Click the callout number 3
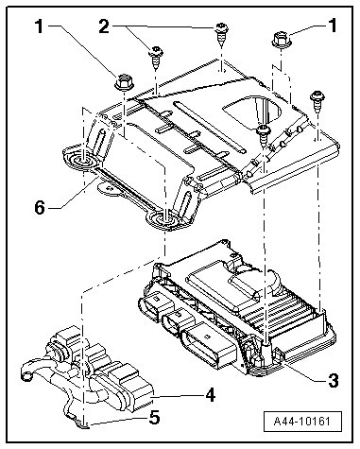333,380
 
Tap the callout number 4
210,395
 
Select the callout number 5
154,418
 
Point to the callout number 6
40,208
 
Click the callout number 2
104,26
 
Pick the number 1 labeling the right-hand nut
334,26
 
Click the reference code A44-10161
302,422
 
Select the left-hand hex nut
125,82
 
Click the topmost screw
222,34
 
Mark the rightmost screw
317,101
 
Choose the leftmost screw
155,58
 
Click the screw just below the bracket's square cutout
263,134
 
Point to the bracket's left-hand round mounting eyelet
81,158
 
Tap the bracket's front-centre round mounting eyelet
165,220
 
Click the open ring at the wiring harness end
26,375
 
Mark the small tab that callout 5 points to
82,424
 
